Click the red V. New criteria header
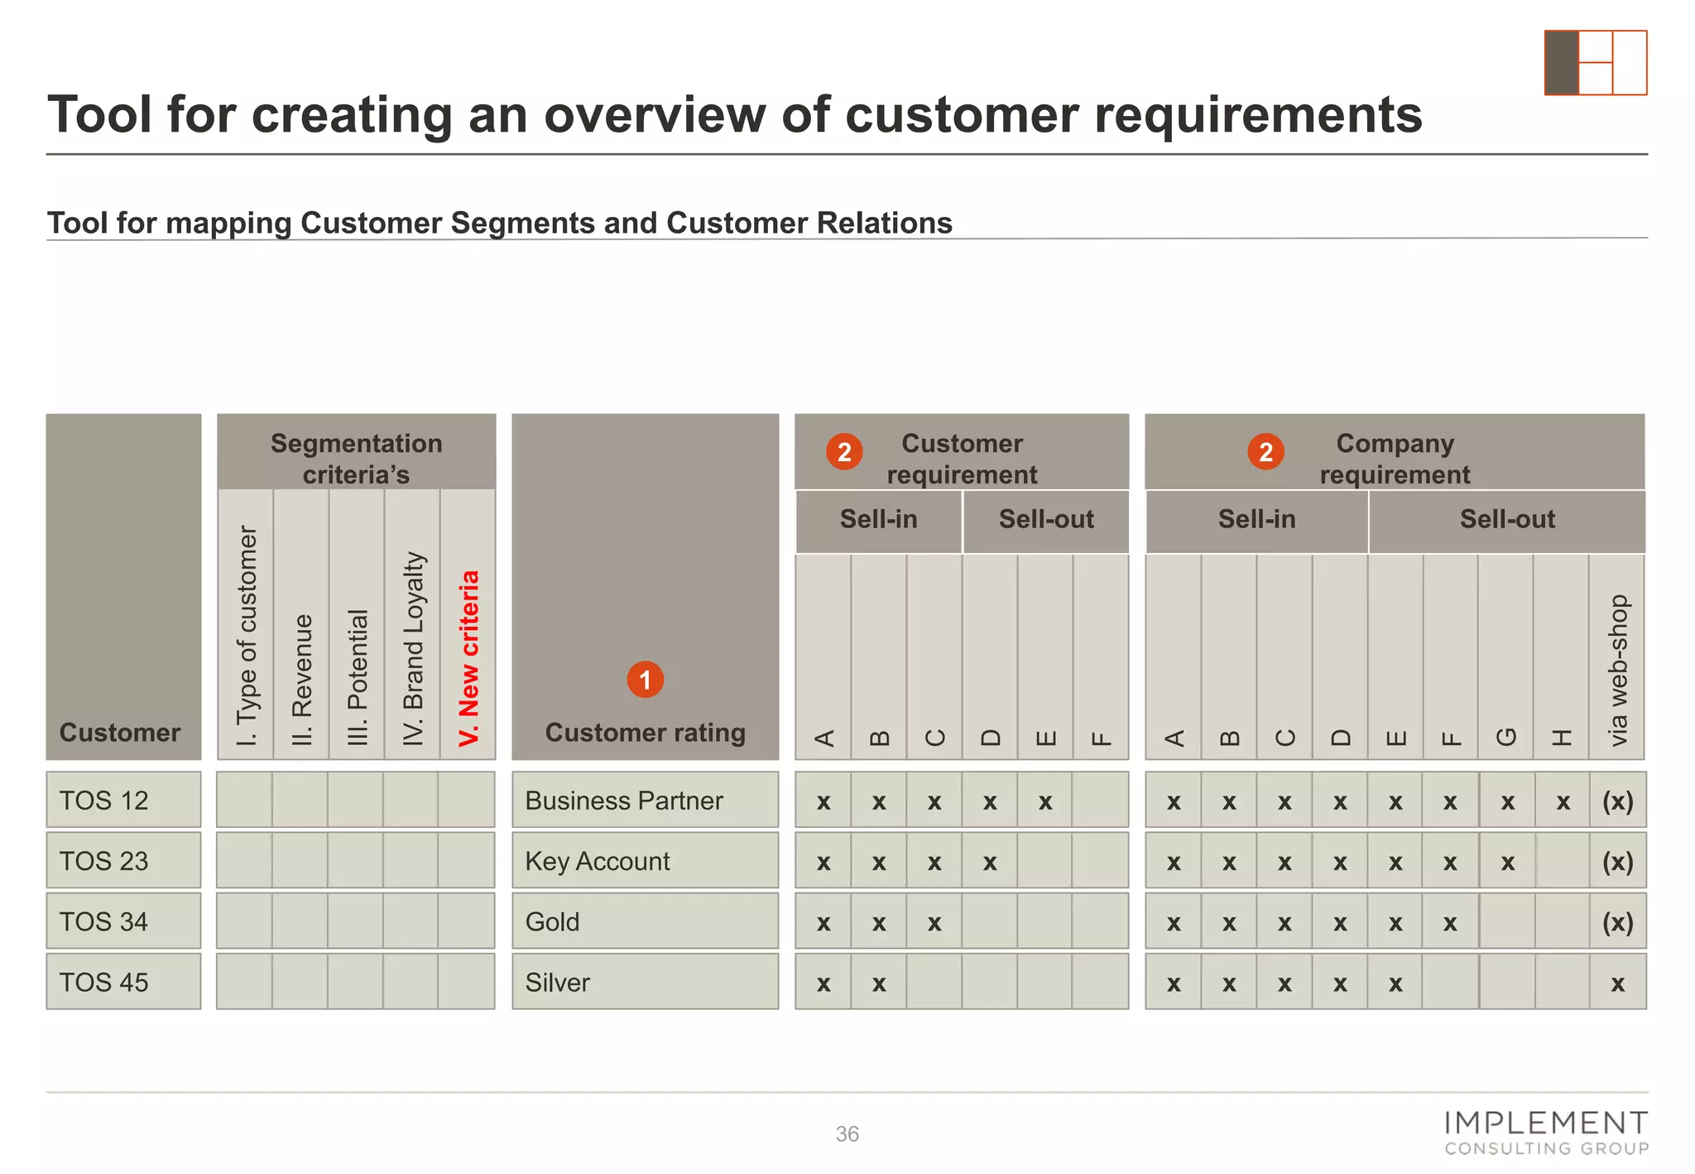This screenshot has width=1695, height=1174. pos(468,658)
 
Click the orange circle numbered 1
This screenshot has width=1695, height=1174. pos(645,680)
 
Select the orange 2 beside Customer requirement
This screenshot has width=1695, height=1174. pos(844,452)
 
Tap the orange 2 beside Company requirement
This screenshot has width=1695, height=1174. pos(1265,452)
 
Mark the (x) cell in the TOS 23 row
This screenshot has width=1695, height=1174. pos(1617,861)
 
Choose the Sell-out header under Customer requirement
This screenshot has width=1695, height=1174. pos(1046,520)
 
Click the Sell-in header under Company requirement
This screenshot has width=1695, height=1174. pos(1256,520)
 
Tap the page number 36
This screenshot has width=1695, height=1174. pos(847,1134)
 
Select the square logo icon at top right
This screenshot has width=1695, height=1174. pos(1595,63)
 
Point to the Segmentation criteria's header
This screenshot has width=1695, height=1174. pos(356,458)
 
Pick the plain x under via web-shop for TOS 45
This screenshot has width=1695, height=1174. pos(1617,984)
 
